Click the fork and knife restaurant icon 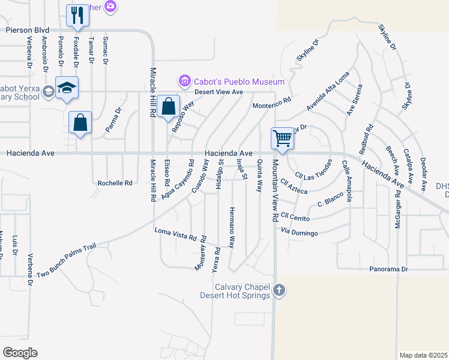click(x=77, y=14)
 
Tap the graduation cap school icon click(x=67, y=88)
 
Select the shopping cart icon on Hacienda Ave click(x=282, y=139)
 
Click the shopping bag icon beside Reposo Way click(x=169, y=107)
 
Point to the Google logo click(x=20, y=353)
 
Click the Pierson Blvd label click(x=26, y=29)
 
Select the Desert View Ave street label click(x=218, y=92)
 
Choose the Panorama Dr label click(x=388, y=269)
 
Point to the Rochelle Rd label click(x=115, y=183)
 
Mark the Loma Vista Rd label click(x=176, y=234)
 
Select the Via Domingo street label click(x=299, y=232)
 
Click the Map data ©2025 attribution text click(x=423, y=355)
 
